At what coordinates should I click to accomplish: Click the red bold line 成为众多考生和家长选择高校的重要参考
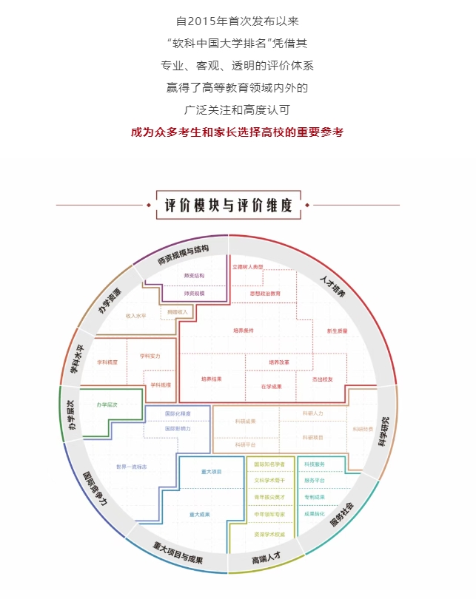tap(237, 132)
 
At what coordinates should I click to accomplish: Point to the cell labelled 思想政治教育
tap(265, 294)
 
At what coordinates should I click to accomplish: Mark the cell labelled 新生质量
tap(337, 331)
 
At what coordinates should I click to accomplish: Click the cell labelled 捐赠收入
tap(178, 311)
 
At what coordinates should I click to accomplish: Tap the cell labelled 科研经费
tap(363, 429)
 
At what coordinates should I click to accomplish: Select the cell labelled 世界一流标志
tap(132, 467)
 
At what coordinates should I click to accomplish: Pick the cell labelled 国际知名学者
tap(269, 464)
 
